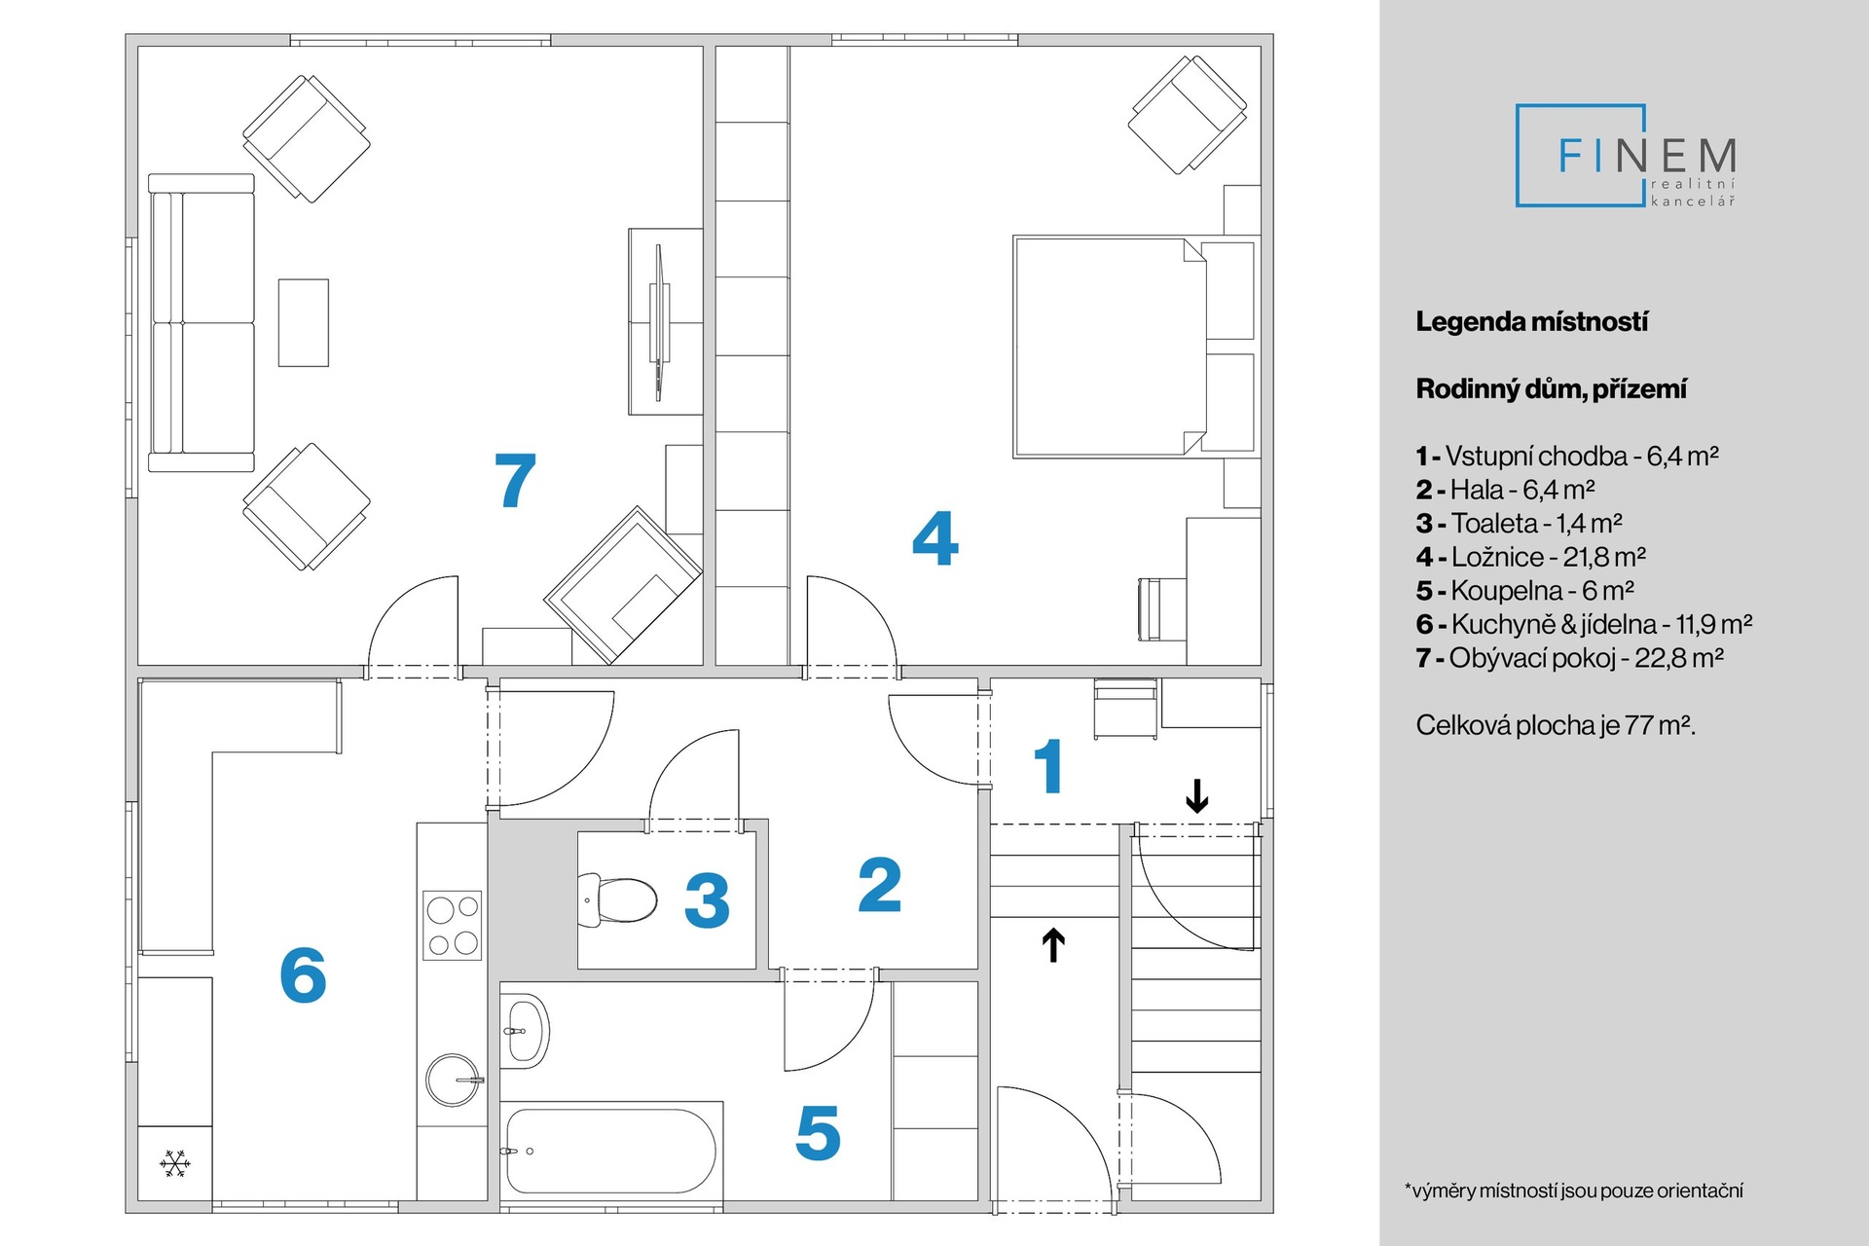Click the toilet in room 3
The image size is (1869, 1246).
[x=619, y=899]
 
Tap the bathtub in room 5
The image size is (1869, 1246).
[x=610, y=1150]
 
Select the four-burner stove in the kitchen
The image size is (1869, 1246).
[x=453, y=925]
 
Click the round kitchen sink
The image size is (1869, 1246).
[x=454, y=1080]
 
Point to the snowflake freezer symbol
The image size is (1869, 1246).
[x=175, y=1163]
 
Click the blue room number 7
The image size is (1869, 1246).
[x=515, y=481]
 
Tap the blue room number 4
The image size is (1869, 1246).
[x=934, y=538]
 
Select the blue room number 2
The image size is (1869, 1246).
[x=880, y=886]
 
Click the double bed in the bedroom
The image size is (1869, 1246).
[x=1110, y=346]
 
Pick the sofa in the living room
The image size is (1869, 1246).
[x=202, y=323]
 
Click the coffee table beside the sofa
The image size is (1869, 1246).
[x=304, y=323]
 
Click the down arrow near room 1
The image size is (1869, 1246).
[x=1196, y=795]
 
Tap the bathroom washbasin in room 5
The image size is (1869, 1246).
[x=526, y=1030]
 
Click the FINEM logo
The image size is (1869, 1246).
[x=1627, y=156]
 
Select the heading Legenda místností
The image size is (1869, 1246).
[x=1531, y=322]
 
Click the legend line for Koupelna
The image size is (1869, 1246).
[x=1524, y=591]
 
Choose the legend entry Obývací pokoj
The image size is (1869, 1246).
[x=1569, y=658]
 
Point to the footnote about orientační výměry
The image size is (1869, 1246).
[x=1573, y=1191]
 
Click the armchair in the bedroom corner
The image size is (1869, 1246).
[x=1188, y=114]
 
